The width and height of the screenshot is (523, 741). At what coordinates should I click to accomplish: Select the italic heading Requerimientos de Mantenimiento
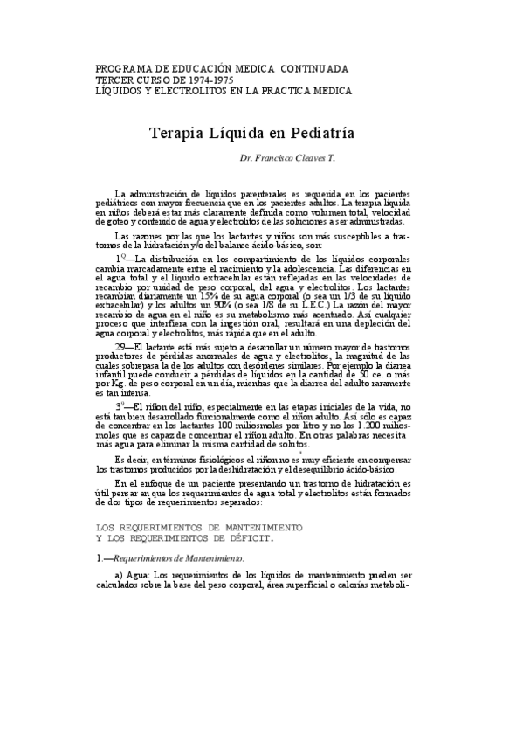click(179, 557)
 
